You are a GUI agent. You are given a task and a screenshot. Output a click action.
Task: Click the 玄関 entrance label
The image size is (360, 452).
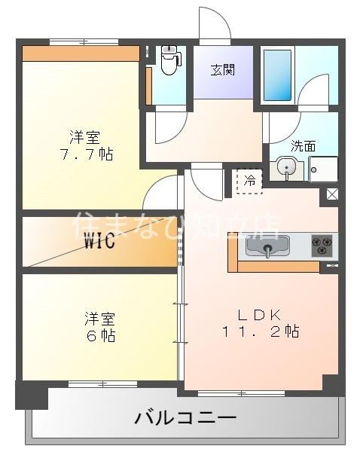[222, 71]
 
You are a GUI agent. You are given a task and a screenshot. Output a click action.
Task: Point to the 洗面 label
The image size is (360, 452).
[303, 146]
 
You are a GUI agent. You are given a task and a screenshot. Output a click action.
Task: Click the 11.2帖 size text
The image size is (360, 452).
[261, 331]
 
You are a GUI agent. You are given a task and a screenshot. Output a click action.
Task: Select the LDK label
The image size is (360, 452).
[260, 315]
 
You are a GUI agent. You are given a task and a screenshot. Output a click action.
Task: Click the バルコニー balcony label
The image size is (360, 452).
[185, 417]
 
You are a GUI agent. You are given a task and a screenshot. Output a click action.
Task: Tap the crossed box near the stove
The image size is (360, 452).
[331, 195]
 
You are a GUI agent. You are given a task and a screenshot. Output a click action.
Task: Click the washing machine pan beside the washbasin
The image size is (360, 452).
[323, 168]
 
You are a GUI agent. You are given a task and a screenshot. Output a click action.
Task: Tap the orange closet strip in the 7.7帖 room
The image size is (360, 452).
[81, 53]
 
